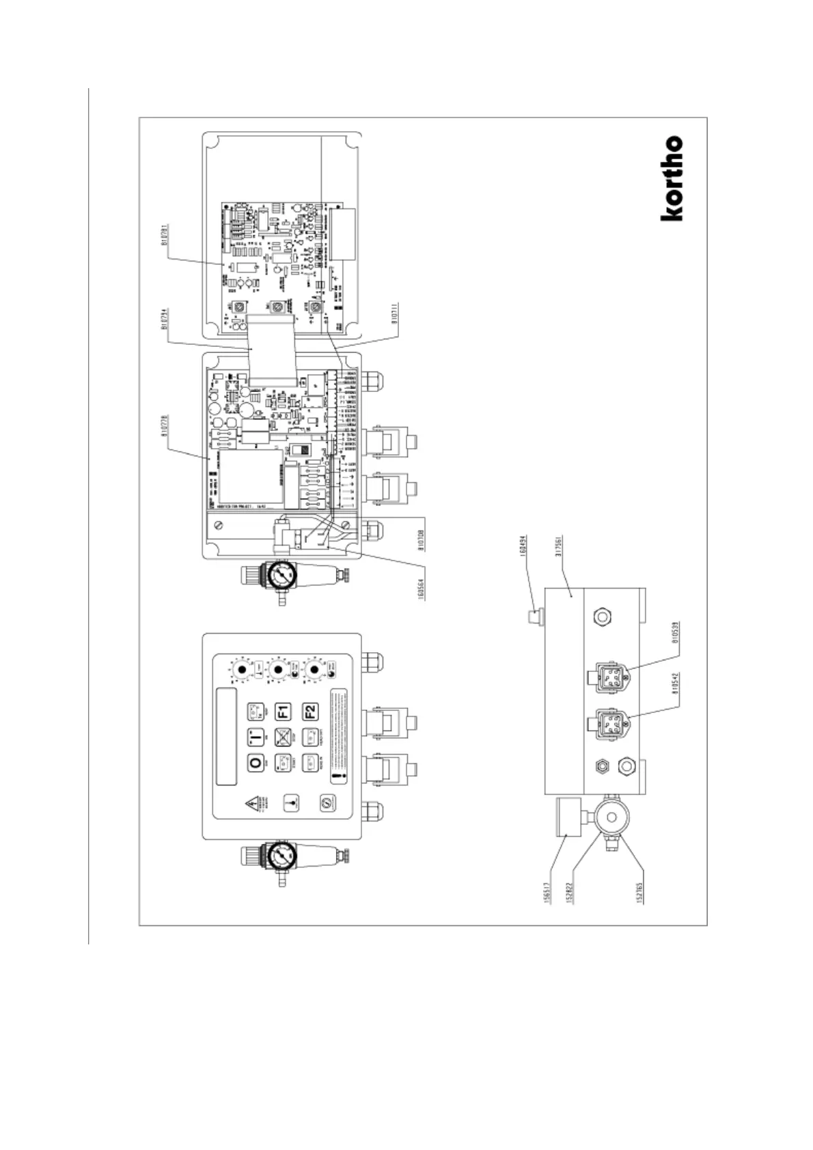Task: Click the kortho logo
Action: tap(672, 178)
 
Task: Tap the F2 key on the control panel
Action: tap(312, 712)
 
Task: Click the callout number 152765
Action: tap(640, 890)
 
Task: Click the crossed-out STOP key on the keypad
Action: tap(283, 738)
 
